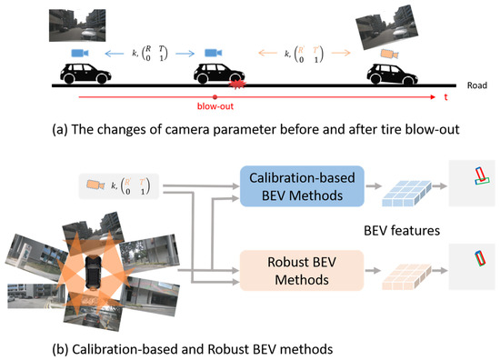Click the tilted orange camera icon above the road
coord(390,46)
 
